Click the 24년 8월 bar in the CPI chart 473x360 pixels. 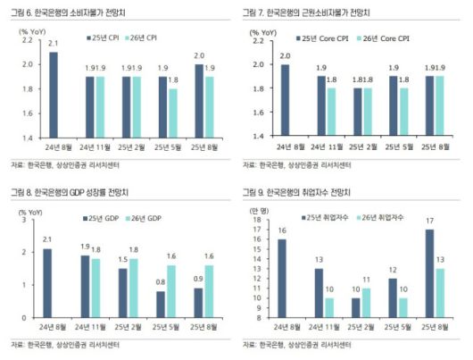54,93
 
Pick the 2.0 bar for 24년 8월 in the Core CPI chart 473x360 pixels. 285,99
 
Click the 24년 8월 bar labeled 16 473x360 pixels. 283,278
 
